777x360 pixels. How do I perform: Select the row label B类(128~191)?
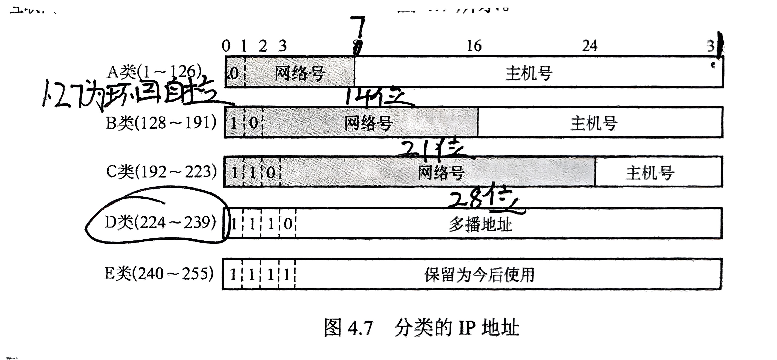click(x=161, y=123)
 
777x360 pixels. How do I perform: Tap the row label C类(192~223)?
click(x=161, y=172)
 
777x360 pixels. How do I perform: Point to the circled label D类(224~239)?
click(x=160, y=223)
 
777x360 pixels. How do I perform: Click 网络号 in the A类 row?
click(x=299, y=73)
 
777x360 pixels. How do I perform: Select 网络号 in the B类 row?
click(x=368, y=123)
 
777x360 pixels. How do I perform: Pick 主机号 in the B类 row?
click(x=593, y=123)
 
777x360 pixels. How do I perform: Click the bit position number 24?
click(x=590, y=46)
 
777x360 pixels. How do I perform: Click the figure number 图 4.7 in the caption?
click(x=348, y=328)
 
